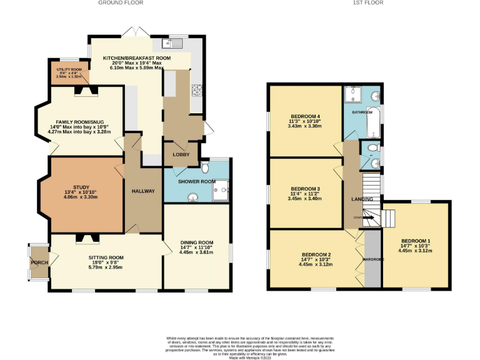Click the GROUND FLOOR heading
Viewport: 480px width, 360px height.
[121, 3]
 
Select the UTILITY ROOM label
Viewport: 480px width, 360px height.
[69, 69]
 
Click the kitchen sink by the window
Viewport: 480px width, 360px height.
[171, 43]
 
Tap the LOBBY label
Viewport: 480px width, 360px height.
[181, 154]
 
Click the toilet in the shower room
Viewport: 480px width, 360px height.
[205, 167]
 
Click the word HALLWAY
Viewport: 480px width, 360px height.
[143, 191]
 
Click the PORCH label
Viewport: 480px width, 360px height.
[39, 262]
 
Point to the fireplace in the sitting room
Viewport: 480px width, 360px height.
[84, 237]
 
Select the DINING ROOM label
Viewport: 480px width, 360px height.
[196, 242]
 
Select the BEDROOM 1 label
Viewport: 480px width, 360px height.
[416, 241]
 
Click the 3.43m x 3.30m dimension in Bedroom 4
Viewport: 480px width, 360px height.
[305, 126]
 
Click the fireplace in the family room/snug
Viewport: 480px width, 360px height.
[84, 91]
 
